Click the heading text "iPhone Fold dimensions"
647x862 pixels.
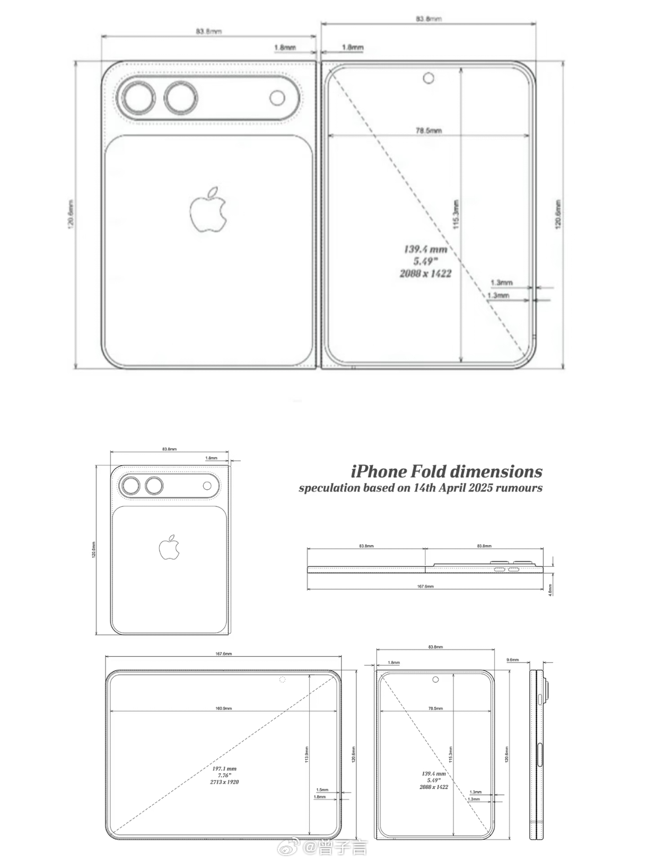pos(447,471)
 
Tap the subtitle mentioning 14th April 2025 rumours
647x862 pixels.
pos(420,488)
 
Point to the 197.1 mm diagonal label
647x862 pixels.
pos(224,768)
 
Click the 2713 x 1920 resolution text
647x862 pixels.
pos(224,782)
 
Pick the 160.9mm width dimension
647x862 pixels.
pos(223,708)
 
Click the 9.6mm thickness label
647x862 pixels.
pos(512,660)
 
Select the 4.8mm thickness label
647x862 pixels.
pos(550,590)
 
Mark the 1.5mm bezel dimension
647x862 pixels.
pos(321,790)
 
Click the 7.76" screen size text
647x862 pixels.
pos(224,775)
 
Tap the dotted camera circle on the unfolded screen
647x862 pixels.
pos(282,680)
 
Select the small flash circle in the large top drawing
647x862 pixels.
pos(277,98)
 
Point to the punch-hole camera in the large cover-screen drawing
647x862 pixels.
pos(428,79)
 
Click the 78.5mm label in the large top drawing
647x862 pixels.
pos(429,130)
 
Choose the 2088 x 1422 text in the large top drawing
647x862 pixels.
pos(425,274)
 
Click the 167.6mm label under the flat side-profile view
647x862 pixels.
pos(425,586)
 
